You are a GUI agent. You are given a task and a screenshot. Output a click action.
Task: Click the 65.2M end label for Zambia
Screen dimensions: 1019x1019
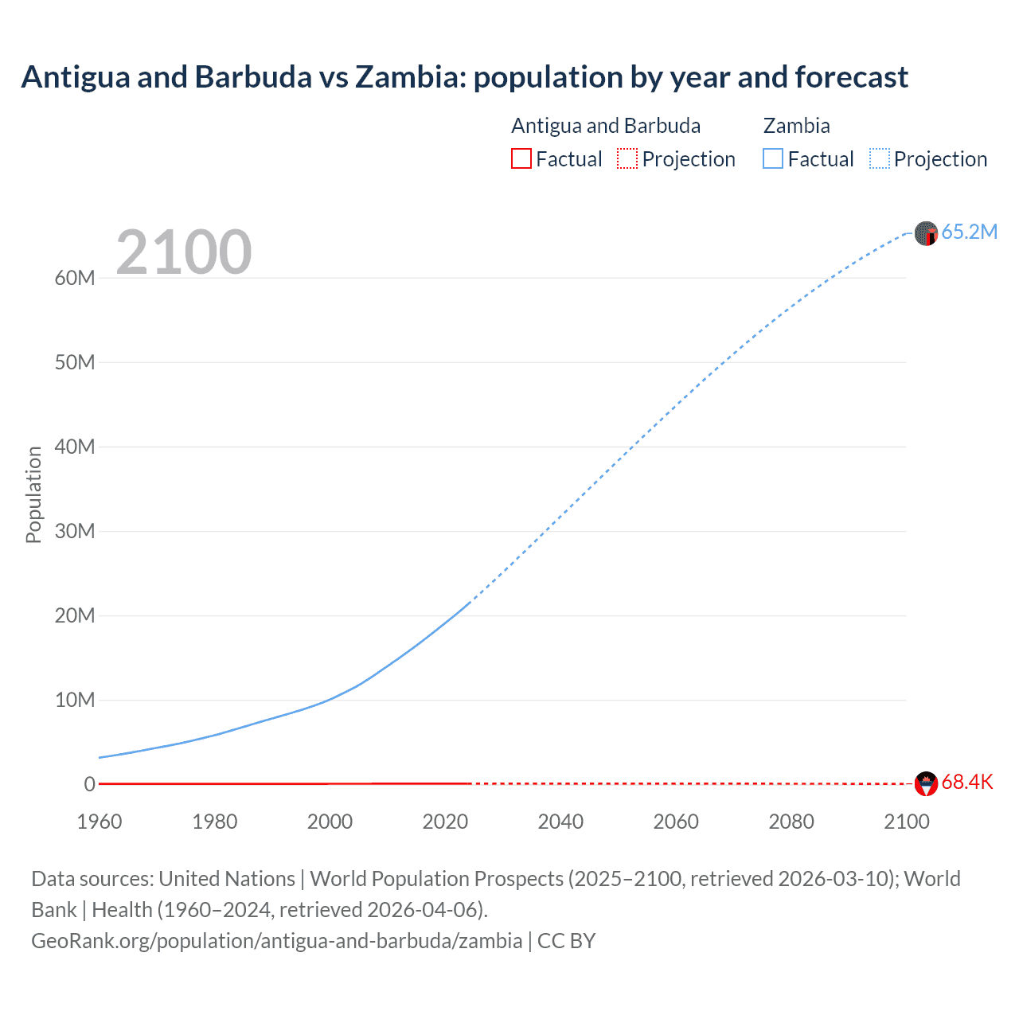(x=969, y=232)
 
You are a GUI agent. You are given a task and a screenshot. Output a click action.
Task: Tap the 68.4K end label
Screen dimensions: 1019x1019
(x=967, y=782)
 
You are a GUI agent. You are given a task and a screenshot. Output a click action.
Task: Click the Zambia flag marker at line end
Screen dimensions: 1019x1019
(x=926, y=233)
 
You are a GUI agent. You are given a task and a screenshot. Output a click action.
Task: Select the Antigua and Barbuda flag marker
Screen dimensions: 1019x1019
(x=926, y=783)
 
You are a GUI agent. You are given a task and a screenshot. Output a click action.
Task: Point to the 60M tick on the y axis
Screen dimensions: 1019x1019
(x=75, y=278)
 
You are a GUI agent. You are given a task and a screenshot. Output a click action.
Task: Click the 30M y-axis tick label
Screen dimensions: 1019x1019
(x=75, y=531)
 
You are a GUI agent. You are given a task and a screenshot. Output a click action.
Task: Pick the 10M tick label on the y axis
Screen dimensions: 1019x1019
(x=75, y=700)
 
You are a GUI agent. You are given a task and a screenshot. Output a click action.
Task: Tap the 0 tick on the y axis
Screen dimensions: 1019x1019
(x=89, y=784)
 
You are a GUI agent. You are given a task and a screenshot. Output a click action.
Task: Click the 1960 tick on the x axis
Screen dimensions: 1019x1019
(x=100, y=822)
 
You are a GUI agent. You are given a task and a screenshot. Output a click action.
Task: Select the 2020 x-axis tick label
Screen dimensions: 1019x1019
(x=445, y=822)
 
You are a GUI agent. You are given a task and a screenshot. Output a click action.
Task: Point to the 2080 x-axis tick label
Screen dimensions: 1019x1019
(x=791, y=822)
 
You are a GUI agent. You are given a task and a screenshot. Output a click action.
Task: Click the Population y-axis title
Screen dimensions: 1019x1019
(x=33, y=494)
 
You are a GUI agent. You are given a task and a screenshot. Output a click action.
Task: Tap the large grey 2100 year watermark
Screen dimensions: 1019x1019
(x=184, y=252)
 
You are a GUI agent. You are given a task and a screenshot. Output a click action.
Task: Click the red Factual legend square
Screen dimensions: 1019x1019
(x=521, y=158)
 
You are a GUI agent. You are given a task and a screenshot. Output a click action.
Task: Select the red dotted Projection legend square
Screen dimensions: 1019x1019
(x=627, y=158)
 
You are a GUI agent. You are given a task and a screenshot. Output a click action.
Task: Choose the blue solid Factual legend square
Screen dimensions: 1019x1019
(x=773, y=158)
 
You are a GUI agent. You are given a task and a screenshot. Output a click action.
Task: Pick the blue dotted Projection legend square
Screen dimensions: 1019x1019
(x=880, y=158)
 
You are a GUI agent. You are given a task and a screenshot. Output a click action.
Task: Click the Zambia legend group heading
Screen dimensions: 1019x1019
(x=796, y=126)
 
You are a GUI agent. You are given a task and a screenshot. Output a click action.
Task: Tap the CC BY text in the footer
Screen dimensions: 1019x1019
(x=566, y=941)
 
